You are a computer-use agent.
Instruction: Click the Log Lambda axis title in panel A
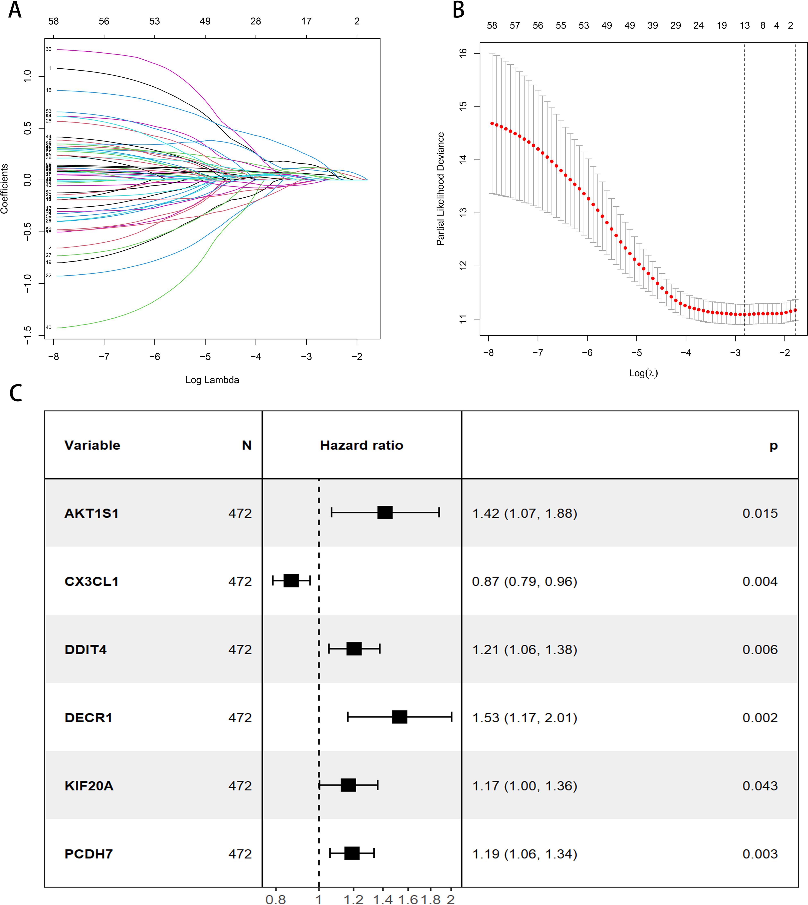coord(212,380)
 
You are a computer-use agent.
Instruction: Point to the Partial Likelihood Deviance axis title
coord(440,189)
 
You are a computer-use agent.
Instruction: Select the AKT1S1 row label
coord(92,514)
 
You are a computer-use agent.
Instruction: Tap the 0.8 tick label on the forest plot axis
coord(276,899)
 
